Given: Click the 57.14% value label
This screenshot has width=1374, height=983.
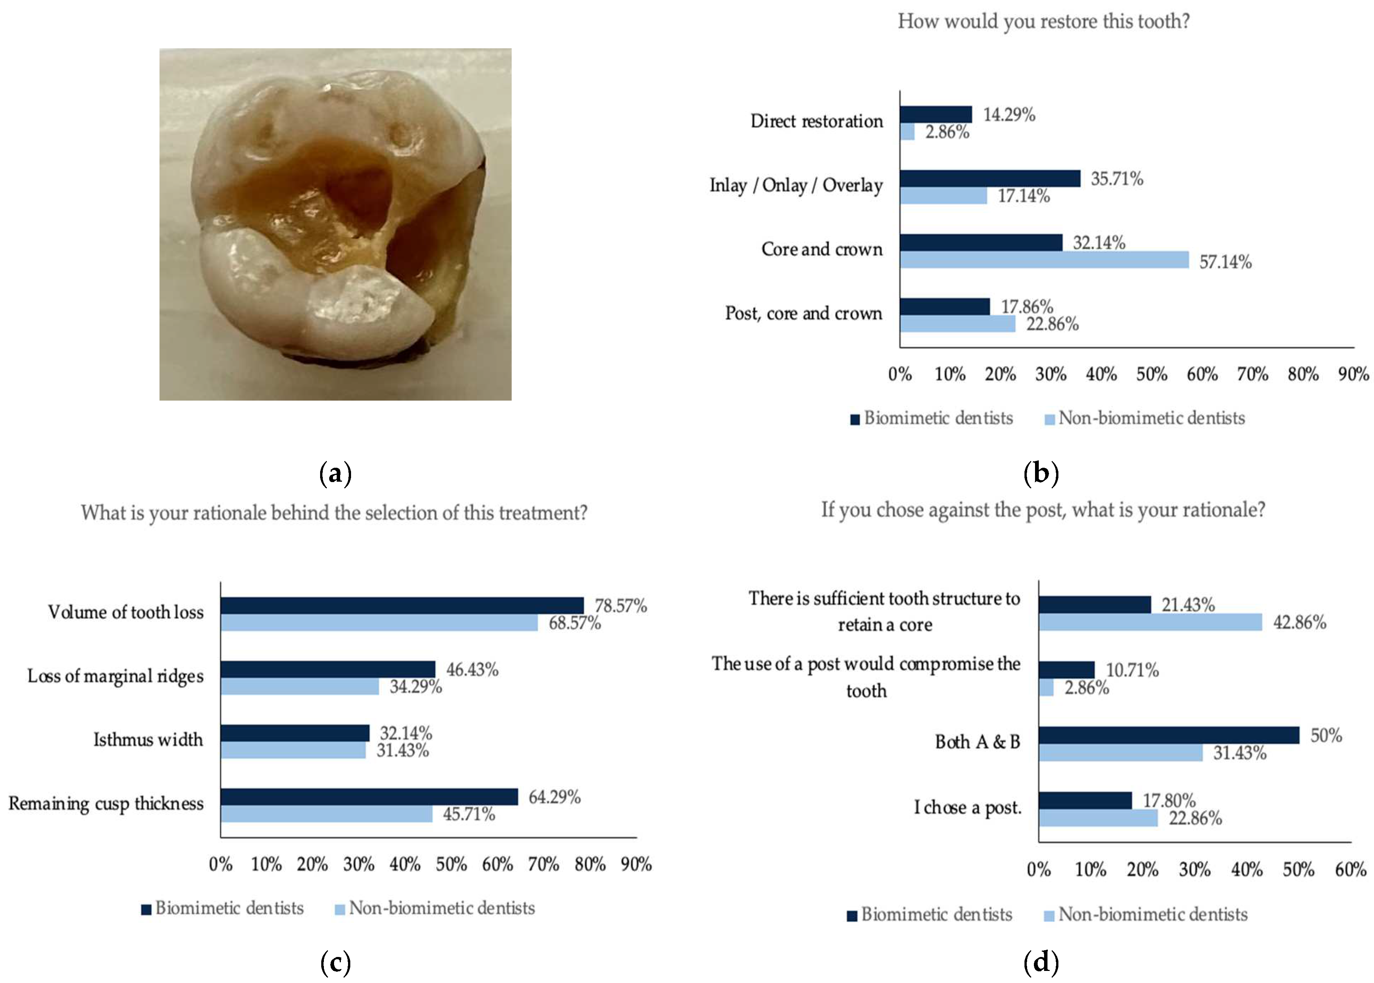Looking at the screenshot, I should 1225,262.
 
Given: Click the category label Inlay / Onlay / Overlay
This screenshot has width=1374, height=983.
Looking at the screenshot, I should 796,185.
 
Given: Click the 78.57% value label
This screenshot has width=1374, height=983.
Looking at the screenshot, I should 620,606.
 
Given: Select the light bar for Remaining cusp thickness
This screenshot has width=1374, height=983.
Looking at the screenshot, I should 326,814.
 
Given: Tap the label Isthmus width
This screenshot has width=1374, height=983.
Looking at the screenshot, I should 148,740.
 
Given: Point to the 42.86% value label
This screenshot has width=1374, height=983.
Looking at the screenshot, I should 1299,622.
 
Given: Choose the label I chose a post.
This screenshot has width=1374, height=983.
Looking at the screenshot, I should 967,808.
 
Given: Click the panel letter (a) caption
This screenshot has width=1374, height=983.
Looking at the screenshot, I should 335,473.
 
